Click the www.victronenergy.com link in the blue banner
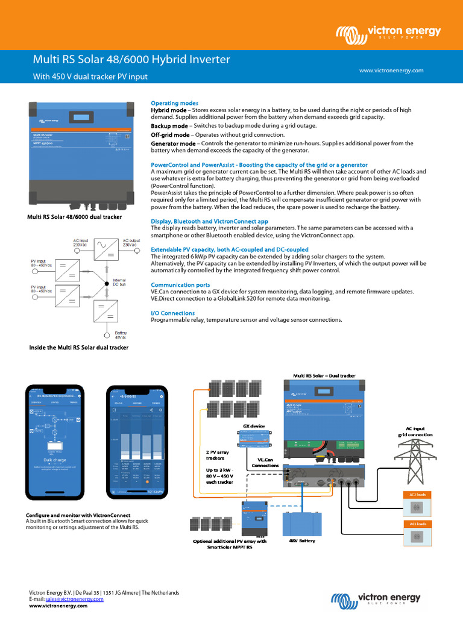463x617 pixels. coord(391,70)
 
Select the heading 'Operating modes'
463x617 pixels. coord(174,103)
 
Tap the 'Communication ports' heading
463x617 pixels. coord(180,284)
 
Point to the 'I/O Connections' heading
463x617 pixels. coord(172,313)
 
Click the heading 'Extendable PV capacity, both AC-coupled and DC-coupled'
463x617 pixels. coord(229,249)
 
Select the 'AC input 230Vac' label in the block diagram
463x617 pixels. coord(80,242)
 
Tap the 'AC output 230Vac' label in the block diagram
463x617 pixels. coord(130,242)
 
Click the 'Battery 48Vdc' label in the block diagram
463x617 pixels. coord(121,335)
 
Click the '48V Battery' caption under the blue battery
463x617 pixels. coord(302,540)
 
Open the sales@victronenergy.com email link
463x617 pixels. coord(70,599)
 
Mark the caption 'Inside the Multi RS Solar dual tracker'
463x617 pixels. coord(79,348)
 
